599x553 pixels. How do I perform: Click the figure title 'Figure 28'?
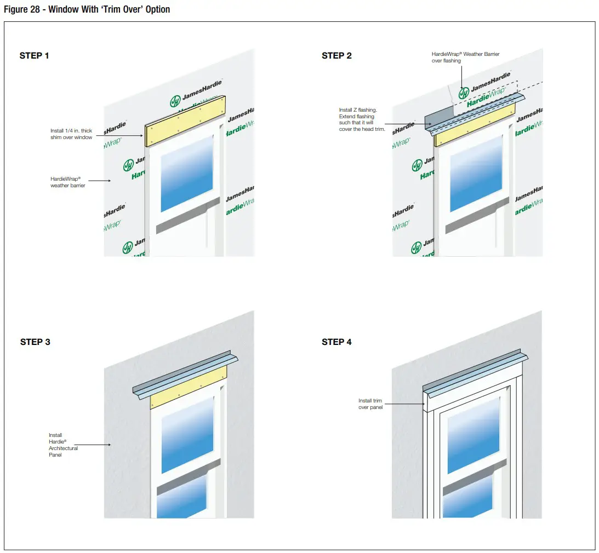click(x=87, y=9)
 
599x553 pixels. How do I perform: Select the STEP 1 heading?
click(x=34, y=55)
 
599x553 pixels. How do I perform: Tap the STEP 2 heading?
click(x=336, y=55)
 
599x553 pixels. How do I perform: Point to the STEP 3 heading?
click(x=35, y=342)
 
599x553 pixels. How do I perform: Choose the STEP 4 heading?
click(x=336, y=342)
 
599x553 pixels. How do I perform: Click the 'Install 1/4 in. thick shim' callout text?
click(x=71, y=134)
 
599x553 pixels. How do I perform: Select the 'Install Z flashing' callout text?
click(x=362, y=119)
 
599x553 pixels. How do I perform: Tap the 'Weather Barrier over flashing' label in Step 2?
click(x=465, y=57)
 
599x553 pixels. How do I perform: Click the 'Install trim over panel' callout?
click(x=370, y=404)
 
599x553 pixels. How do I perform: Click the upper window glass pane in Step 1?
click(x=187, y=174)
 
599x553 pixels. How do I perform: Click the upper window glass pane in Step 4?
click(x=474, y=435)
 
